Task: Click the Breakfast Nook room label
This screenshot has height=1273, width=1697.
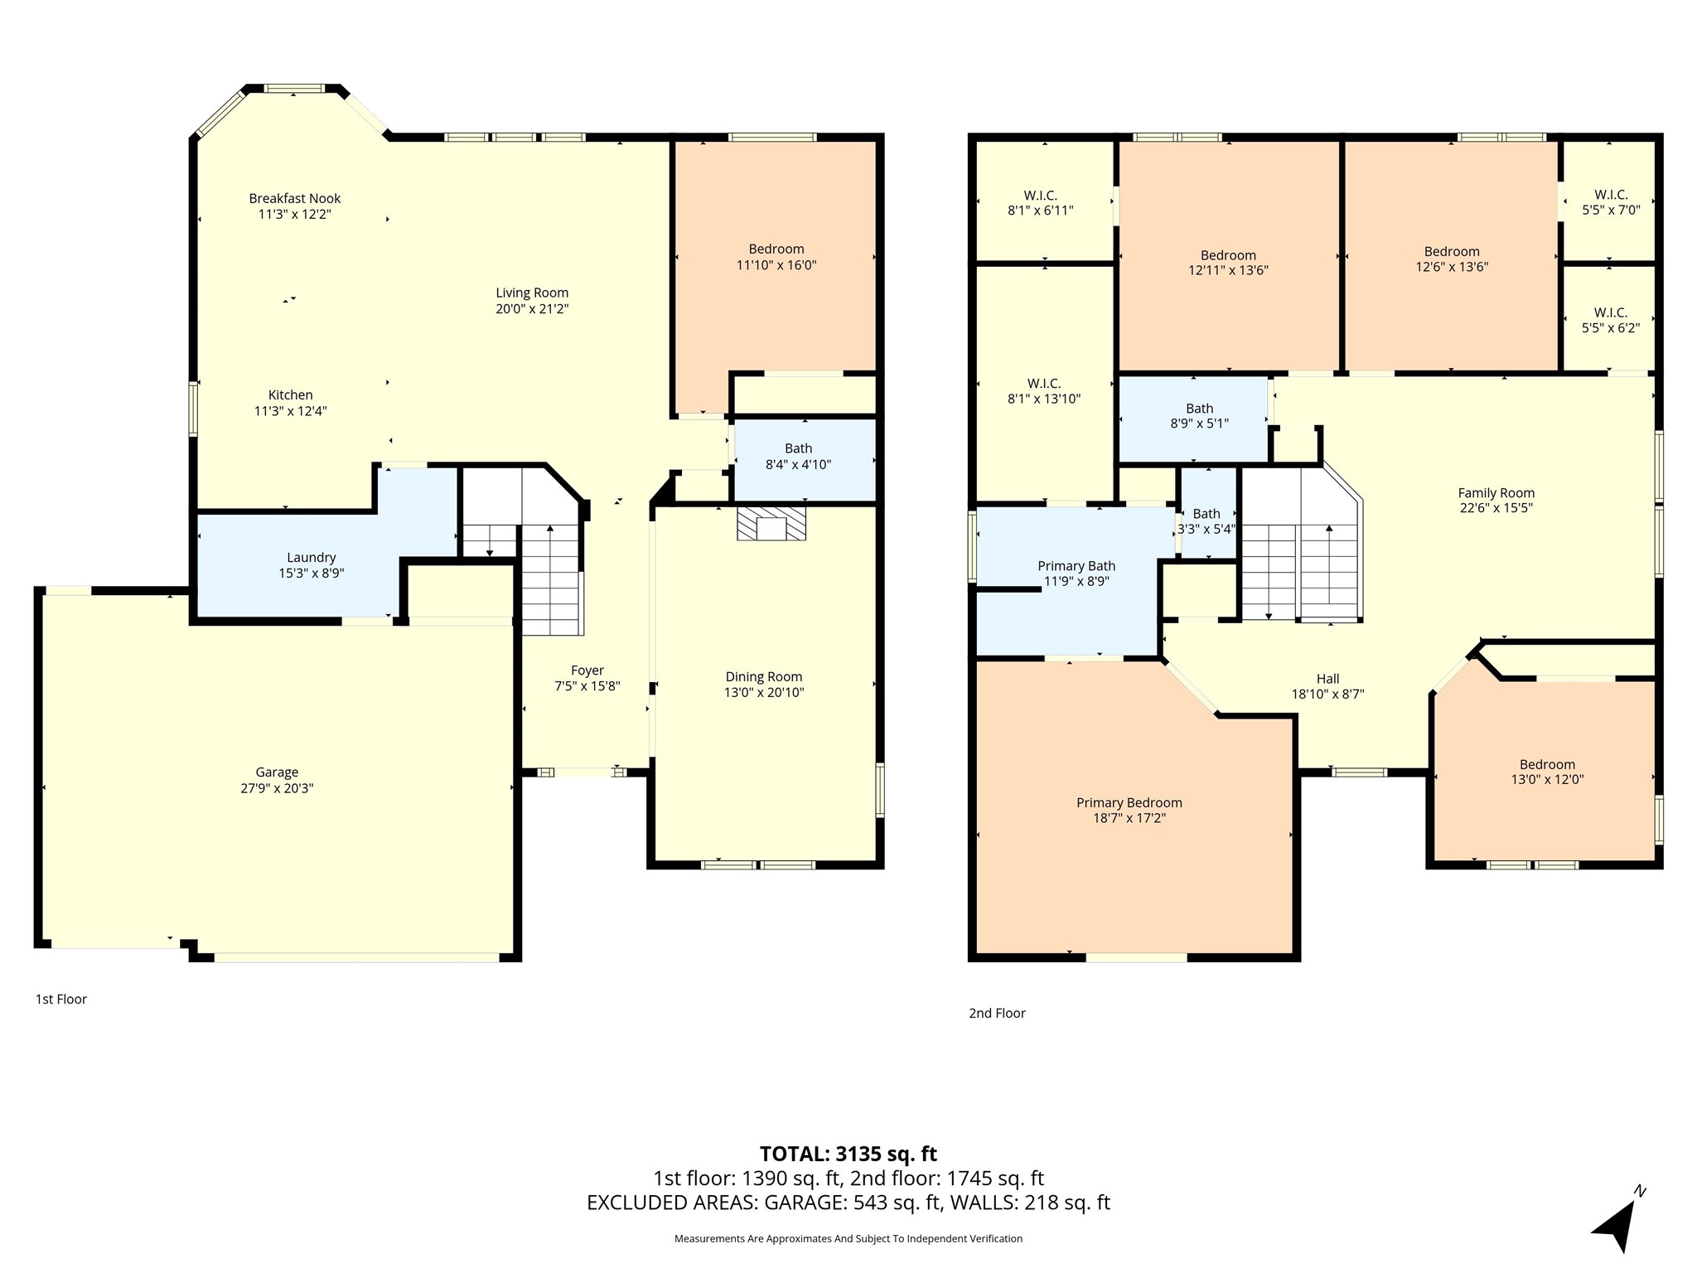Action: pyautogui.click(x=295, y=199)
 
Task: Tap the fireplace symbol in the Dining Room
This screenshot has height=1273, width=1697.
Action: pyautogui.click(x=771, y=524)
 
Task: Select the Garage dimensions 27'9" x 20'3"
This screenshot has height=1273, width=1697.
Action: pyautogui.click(x=277, y=788)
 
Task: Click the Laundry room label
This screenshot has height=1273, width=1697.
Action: pyautogui.click(x=312, y=558)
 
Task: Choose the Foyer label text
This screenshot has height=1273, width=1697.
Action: pyautogui.click(x=587, y=670)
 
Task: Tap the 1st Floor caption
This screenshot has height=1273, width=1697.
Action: pyautogui.click(x=60, y=1000)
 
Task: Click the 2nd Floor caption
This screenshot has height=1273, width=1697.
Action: pyautogui.click(x=997, y=1014)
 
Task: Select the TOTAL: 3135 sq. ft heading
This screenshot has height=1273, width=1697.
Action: pyautogui.click(x=848, y=1154)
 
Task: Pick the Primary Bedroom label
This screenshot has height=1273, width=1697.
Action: pyautogui.click(x=1129, y=802)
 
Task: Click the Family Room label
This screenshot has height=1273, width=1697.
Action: pyautogui.click(x=1496, y=493)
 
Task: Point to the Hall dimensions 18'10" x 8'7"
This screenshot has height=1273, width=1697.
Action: pyautogui.click(x=1328, y=695)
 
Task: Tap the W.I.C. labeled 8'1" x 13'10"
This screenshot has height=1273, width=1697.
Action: pyautogui.click(x=1044, y=391)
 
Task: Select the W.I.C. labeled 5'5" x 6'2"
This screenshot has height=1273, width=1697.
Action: pyautogui.click(x=1611, y=320)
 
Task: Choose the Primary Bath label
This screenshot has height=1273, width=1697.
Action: pyautogui.click(x=1076, y=566)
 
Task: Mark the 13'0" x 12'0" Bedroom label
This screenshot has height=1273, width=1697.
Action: pyautogui.click(x=1547, y=772)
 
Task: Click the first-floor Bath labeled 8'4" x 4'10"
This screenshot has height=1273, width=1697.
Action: pyautogui.click(x=799, y=457)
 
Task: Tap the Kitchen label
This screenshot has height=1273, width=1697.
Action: pyautogui.click(x=291, y=395)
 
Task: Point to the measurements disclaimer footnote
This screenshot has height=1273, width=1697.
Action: pyautogui.click(x=848, y=1238)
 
